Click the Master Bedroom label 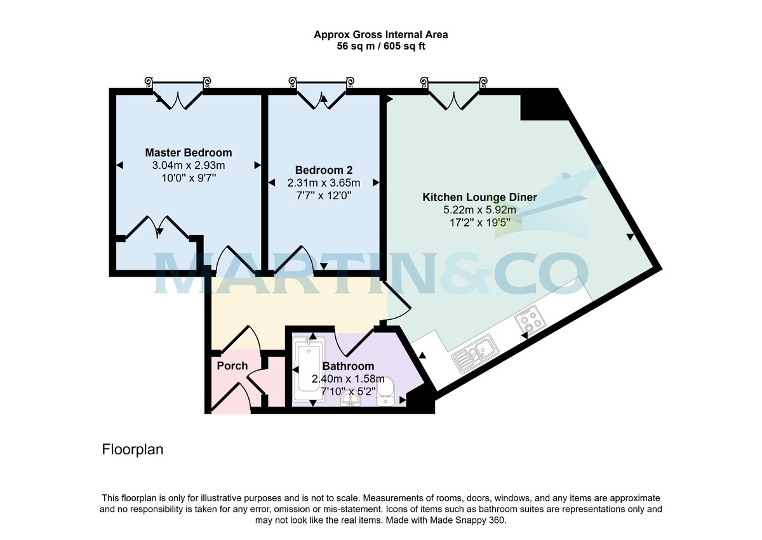188,153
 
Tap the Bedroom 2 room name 324,170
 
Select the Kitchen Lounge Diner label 479,197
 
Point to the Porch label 232,366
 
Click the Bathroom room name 348,367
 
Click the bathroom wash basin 349,398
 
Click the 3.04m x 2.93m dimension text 188,166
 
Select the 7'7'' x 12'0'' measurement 324,195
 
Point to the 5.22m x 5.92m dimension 479,210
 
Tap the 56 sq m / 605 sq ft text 381,46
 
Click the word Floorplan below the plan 133,449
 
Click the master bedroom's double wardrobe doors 157,227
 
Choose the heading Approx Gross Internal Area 381,35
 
